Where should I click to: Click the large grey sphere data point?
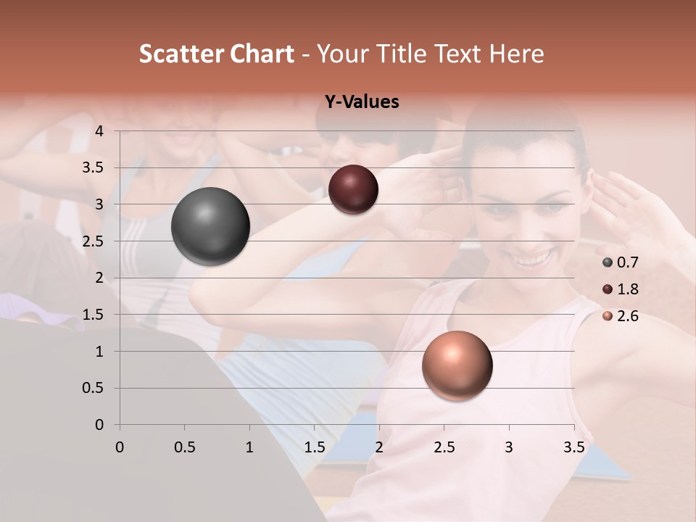point(210,226)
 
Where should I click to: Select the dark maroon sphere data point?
point(353,189)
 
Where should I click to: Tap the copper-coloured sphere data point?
point(457,365)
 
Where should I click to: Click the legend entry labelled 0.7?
point(619,262)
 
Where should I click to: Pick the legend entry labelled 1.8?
point(619,289)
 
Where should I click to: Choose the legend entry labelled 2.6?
point(619,316)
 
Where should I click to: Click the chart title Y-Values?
point(361,102)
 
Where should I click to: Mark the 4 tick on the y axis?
point(99,131)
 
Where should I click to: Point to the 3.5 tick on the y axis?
point(94,168)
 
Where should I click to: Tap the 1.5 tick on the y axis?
point(94,315)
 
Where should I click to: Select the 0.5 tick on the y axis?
point(94,389)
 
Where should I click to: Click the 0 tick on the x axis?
point(120,447)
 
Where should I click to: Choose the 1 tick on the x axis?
point(249,447)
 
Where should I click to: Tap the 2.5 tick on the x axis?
point(444,447)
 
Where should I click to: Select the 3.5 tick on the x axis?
point(573,447)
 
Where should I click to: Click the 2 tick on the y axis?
point(99,278)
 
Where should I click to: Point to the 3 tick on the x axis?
point(509,447)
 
